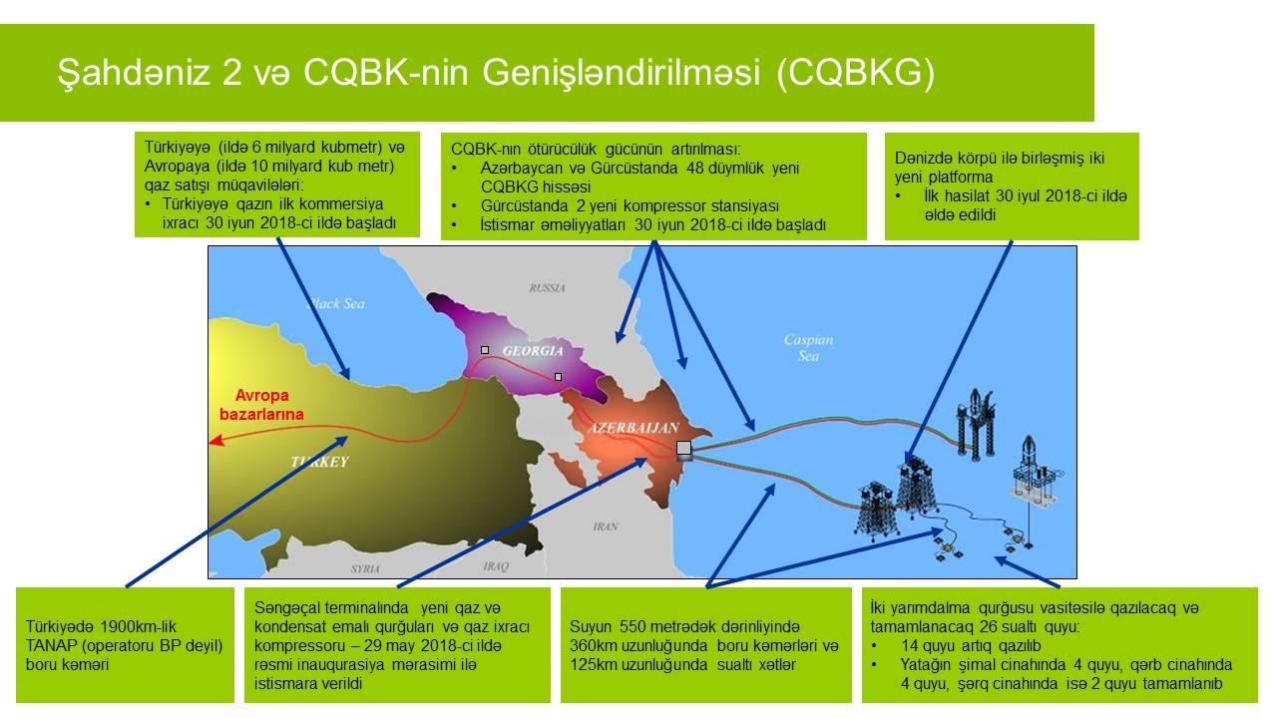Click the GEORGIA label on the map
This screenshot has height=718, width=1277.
[533, 350]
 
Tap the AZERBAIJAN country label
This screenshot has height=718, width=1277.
[634, 428]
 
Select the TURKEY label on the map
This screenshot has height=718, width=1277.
[320, 462]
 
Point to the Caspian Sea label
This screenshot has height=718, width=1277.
[808, 348]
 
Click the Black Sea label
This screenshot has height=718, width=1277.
[335, 304]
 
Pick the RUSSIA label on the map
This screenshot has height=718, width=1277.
[547, 288]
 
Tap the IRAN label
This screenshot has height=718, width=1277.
[605, 527]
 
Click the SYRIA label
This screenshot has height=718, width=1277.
[365, 568]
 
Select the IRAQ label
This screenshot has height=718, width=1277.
[496, 566]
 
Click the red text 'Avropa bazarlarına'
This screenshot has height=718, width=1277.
[261, 405]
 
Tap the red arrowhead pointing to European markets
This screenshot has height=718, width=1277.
[214, 440]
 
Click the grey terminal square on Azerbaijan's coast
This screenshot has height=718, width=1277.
[683, 448]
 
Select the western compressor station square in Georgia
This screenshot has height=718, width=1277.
[485, 350]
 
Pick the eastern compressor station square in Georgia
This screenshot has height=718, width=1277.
[558, 377]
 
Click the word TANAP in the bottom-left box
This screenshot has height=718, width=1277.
[50, 646]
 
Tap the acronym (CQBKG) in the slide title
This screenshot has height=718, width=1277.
[855, 73]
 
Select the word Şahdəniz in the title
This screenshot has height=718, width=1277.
[135, 73]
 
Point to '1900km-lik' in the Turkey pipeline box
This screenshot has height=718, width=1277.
[139, 627]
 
